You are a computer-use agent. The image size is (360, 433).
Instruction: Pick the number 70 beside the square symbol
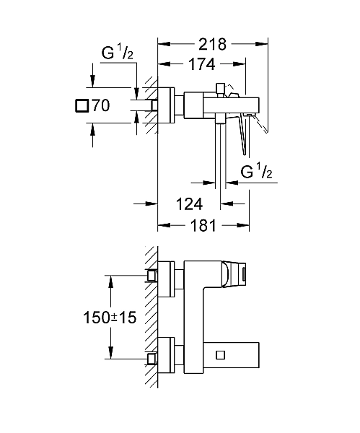click(x=100, y=106)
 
